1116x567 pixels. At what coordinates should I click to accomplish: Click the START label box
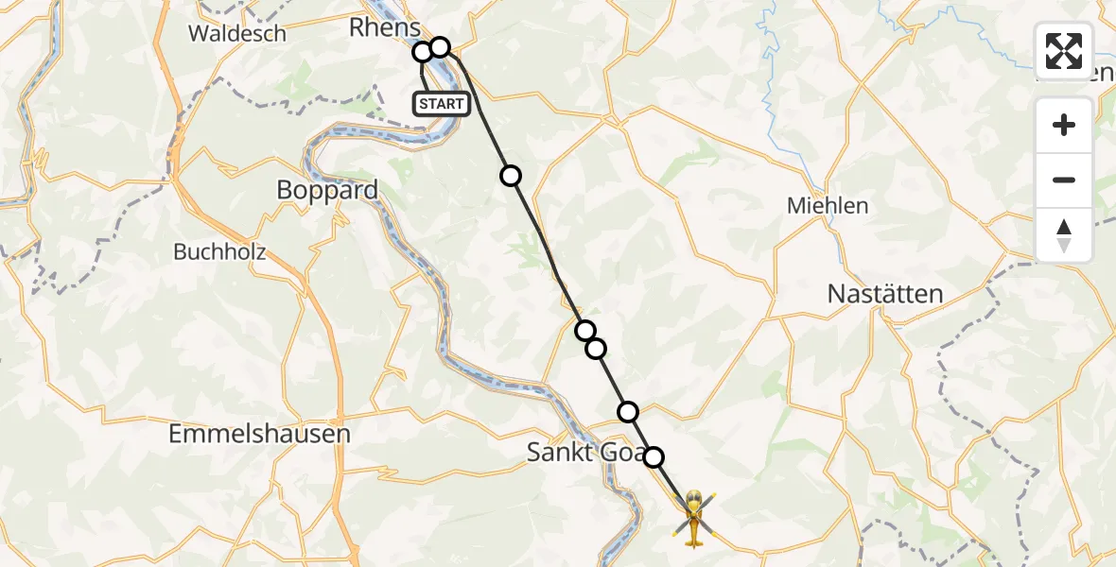tap(442, 104)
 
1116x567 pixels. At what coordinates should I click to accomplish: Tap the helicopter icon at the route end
tap(694, 517)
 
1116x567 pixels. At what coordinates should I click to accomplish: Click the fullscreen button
tap(1064, 51)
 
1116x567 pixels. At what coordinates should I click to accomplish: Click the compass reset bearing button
tap(1064, 235)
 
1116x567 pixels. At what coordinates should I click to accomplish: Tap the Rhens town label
tap(384, 27)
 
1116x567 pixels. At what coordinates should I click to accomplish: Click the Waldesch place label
tap(236, 34)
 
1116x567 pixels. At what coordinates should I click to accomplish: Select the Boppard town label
tap(327, 190)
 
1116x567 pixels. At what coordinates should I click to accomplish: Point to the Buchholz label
tap(219, 252)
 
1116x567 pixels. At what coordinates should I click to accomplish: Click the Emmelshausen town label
tap(259, 435)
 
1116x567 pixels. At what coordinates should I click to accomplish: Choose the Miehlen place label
tap(828, 205)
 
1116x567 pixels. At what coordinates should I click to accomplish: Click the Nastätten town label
tap(885, 294)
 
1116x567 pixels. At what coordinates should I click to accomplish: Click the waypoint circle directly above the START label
tap(422, 52)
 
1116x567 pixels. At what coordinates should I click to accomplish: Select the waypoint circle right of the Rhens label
tap(440, 46)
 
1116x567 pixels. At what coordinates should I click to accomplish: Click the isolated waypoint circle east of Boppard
tap(511, 175)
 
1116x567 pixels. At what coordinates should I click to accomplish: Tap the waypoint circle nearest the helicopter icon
tap(654, 457)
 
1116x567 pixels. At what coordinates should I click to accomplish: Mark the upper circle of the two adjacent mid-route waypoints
tap(585, 330)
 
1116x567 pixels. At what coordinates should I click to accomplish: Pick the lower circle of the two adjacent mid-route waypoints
tap(596, 349)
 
